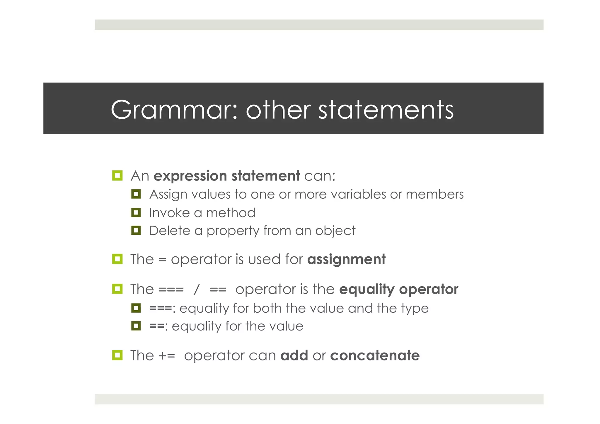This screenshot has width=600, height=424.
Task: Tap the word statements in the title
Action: pos(386,110)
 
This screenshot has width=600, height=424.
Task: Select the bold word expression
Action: pos(190,176)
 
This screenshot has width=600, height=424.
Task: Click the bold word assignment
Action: pos(346,259)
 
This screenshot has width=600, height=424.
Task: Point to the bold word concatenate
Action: pos(375,355)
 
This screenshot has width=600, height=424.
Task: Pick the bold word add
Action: pos(294,355)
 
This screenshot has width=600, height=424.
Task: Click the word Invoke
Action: pos(169,213)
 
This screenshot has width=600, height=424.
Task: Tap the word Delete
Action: pos(170,231)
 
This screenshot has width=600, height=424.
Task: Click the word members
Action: pos(434,194)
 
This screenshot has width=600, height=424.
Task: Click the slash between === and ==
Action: pos(196,290)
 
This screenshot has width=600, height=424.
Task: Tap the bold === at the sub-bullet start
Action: pos(161,308)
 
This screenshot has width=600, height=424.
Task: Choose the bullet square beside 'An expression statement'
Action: pos(117,176)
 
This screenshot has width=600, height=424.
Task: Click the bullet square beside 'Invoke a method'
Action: pos(136,212)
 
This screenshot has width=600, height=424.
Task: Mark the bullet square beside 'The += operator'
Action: pos(117,355)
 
